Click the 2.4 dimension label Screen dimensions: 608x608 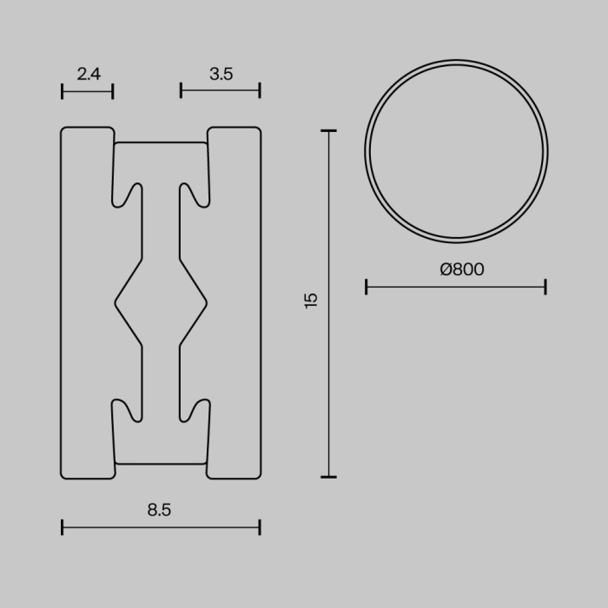[89, 75]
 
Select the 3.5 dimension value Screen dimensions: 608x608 [221, 75]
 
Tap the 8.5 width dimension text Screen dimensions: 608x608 [160, 511]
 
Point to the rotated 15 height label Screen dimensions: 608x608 [312, 301]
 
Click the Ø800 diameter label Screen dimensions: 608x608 [462, 270]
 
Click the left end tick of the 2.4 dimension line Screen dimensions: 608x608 [63, 91]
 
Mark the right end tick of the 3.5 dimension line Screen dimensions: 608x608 [260, 90]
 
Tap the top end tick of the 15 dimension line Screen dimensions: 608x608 [328, 131]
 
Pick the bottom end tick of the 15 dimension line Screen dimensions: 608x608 [328, 476]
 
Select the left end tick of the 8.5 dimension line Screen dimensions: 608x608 [63, 526]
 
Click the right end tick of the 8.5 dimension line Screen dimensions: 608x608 [260, 526]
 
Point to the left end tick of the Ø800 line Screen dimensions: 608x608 [367, 287]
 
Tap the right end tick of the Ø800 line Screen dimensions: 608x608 [545, 287]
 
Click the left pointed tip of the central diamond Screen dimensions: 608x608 [116, 302]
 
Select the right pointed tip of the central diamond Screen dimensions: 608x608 [206, 302]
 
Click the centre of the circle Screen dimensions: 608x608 [456, 151]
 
